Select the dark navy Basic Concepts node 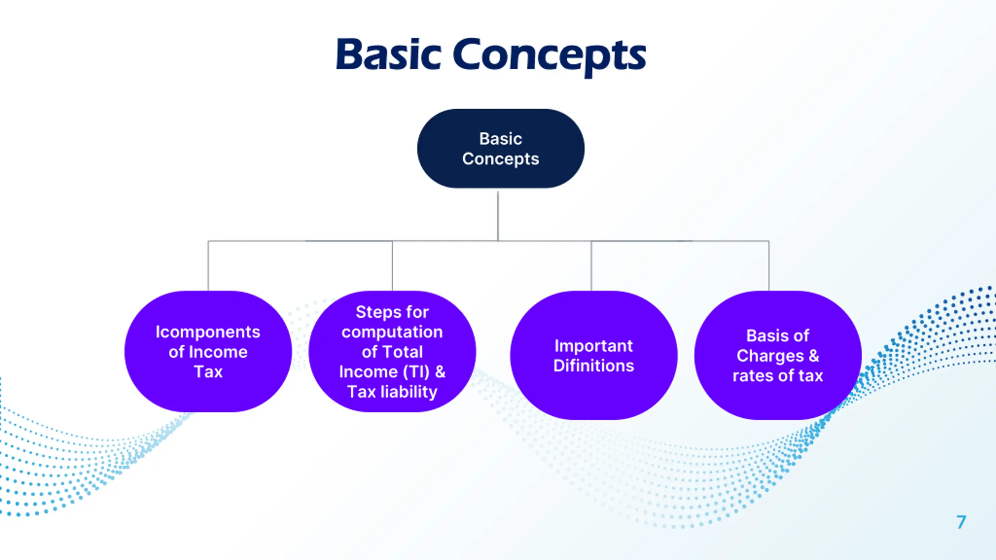pyautogui.click(x=500, y=149)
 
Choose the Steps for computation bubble pyautogui.click(x=392, y=352)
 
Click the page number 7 pyautogui.click(x=961, y=522)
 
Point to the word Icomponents pyautogui.click(x=208, y=332)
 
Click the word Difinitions pyautogui.click(x=594, y=366)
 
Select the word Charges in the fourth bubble pyautogui.click(x=770, y=356)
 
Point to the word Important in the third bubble pyautogui.click(x=594, y=346)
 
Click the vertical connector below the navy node pyautogui.click(x=498, y=216)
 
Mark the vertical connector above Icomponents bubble pyautogui.click(x=208, y=266)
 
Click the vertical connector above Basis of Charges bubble pyautogui.click(x=769, y=266)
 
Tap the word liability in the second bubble pyautogui.click(x=409, y=392)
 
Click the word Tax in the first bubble pyautogui.click(x=208, y=372)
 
